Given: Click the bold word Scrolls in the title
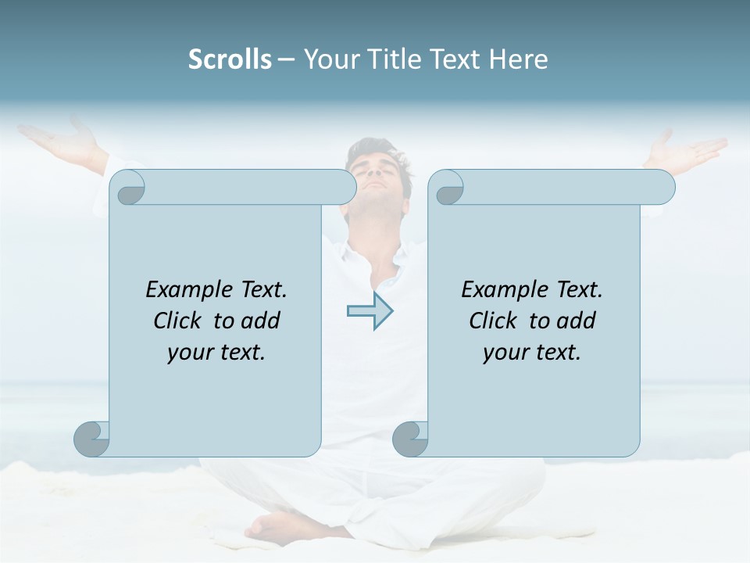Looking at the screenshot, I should point(230,59).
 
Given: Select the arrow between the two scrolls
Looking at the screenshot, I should point(370,311).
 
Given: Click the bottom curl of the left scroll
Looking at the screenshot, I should point(91,439).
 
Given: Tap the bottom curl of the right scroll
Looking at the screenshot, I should point(410,439).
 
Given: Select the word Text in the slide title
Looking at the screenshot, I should point(456,59).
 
